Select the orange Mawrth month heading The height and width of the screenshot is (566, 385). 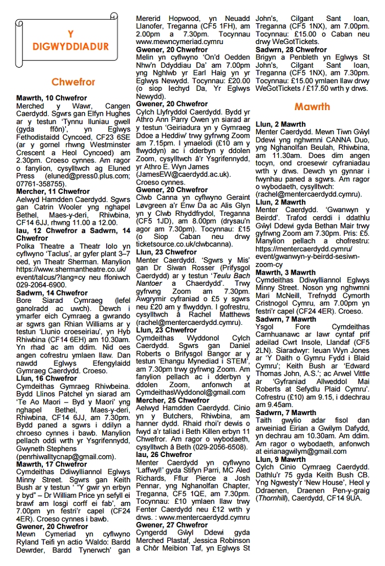pyautogui.click(x=312, y=106)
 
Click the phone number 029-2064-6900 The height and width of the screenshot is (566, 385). pyautogui.click(x=41, y=285)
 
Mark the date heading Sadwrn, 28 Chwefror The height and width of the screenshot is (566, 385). pyautogui.click(x=291, y=49)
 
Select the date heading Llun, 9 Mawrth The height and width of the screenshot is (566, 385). pyautogui.click(x=280, y=459)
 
